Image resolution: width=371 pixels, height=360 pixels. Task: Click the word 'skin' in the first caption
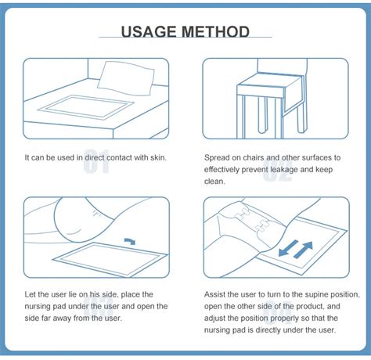[157, 157]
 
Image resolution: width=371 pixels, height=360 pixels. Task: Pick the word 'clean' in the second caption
[214, 182]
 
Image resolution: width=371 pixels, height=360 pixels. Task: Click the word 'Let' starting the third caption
[31, 293]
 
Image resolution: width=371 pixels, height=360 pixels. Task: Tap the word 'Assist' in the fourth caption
[217, 293]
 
